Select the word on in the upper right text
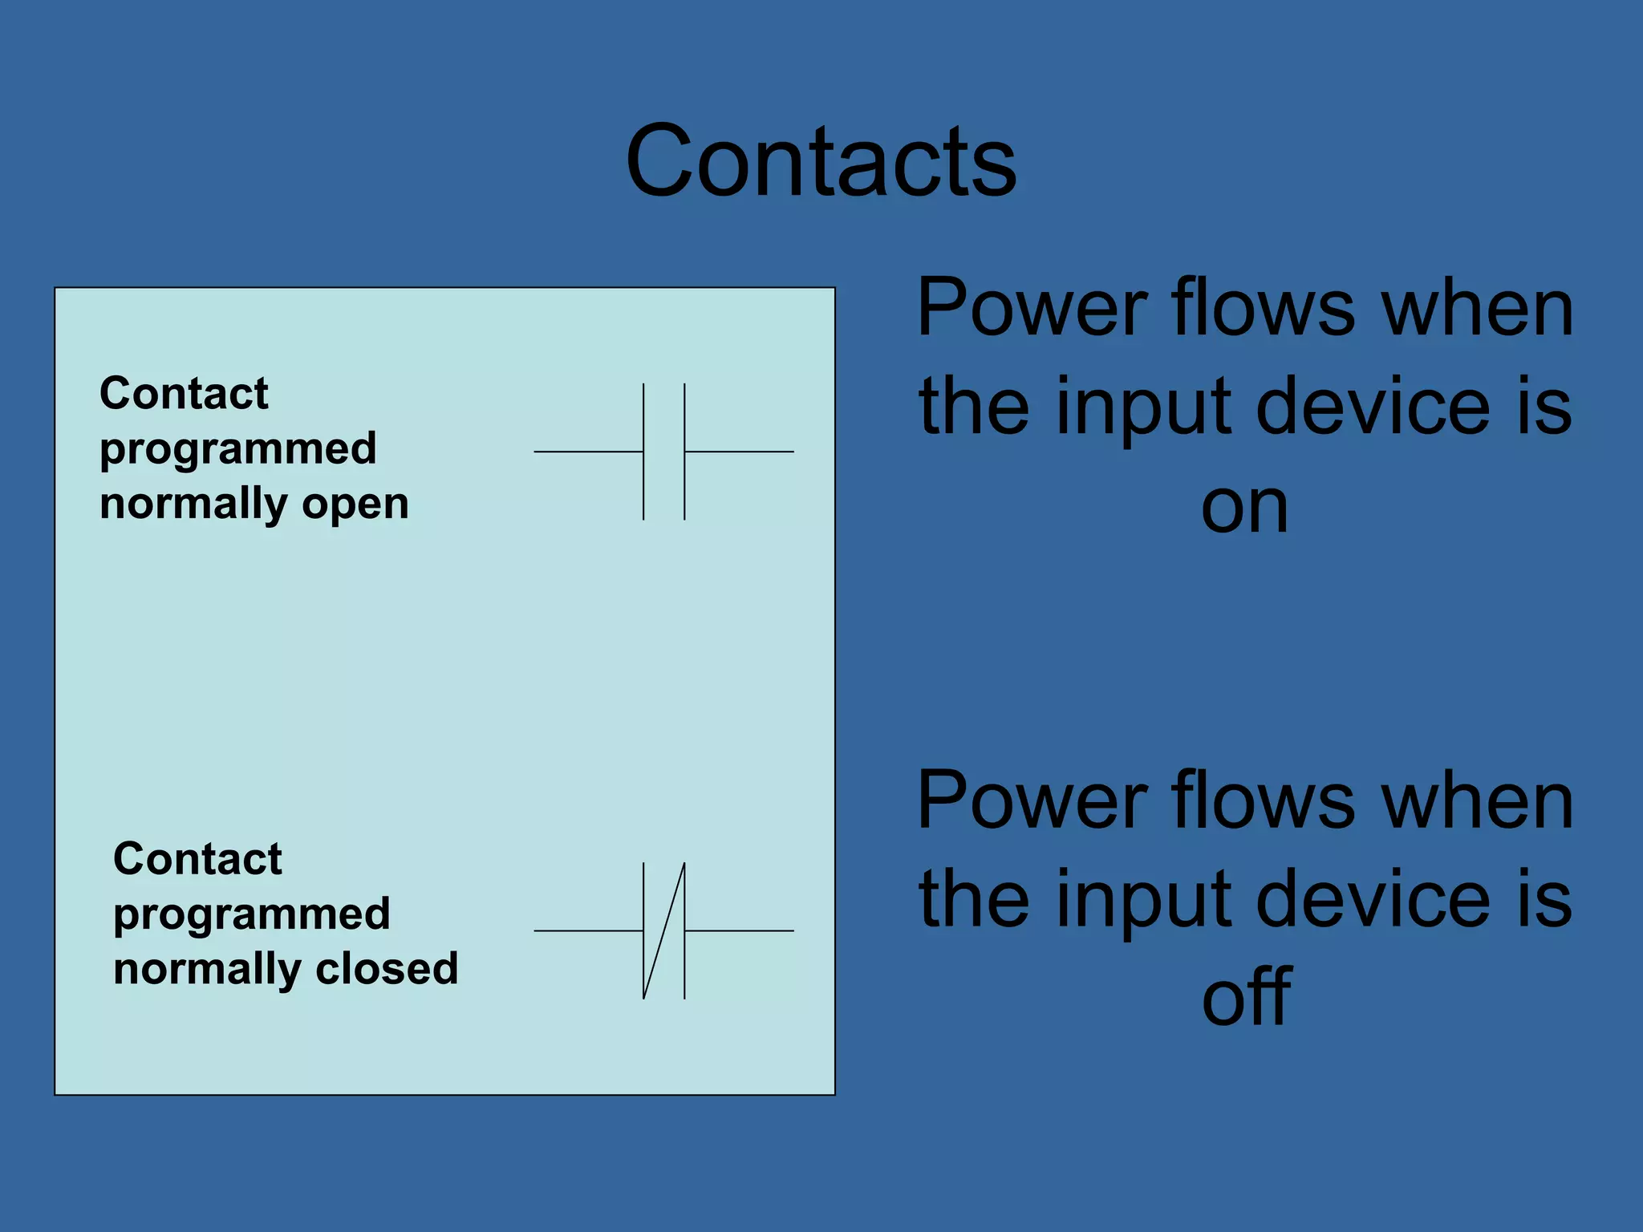(x=1244, y=508)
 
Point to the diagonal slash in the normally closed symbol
(x=664, y=930)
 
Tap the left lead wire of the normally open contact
(x=588, y=452)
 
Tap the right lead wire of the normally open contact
(x=739, y=452)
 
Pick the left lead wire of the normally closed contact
(x=588, y=930)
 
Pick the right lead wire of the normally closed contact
(x=739, y=930)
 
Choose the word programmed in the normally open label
(x=238, y=449)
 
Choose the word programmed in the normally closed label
(x=252, y=914)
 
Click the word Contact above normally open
(x=184, y=394)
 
